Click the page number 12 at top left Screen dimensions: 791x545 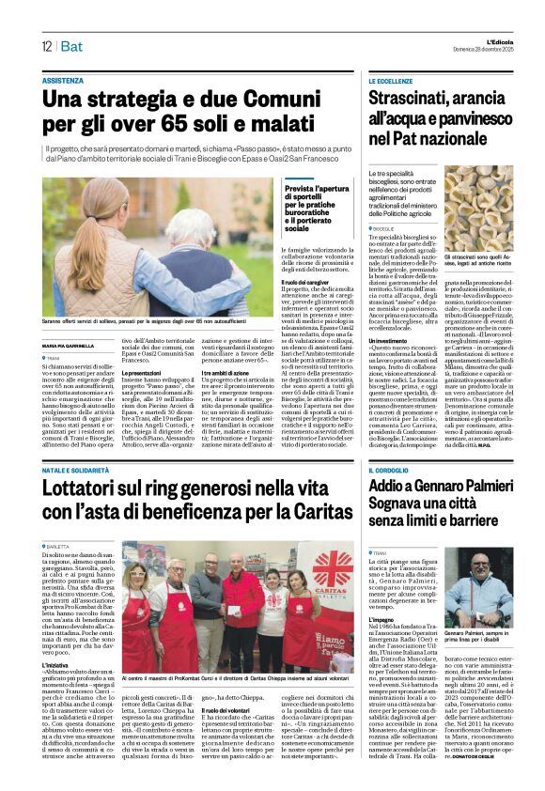pyautogui.click(x=46, y=47)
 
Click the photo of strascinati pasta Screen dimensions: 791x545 pyautogui.click(x=478, y=208)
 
